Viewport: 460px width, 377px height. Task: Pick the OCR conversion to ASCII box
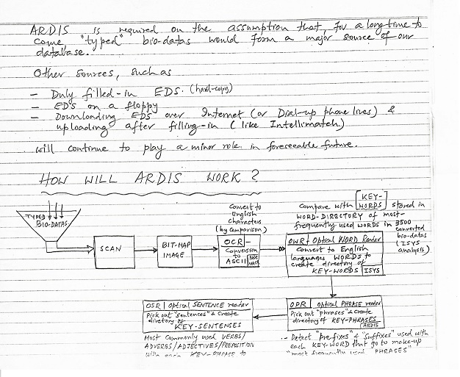236,251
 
